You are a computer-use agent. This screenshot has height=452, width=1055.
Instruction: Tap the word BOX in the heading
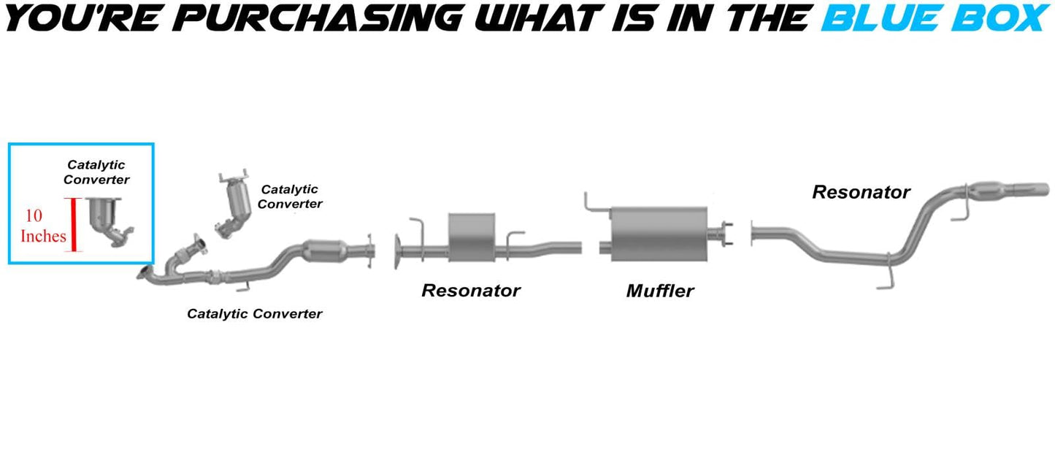[x=1002, y=18]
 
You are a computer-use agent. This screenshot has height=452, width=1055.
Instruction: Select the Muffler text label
[x=659, y=291]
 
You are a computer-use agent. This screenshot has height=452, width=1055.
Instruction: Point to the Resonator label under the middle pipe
[x=471, y=291]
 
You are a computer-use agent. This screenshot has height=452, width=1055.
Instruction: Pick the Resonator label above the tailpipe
[x=861, y=192]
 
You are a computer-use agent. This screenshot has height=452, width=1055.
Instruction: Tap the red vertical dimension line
[x=73, y=225]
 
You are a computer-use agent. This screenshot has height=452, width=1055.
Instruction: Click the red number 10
[x=34, y=216]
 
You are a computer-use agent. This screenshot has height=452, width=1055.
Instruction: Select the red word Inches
[x=43, y=236]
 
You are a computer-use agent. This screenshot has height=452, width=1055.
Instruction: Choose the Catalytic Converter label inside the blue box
[x=96, y=172]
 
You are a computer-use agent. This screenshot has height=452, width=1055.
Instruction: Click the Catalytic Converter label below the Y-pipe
[x=254, y=314]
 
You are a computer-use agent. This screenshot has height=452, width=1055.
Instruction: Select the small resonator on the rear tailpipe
[x=990, y=191]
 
